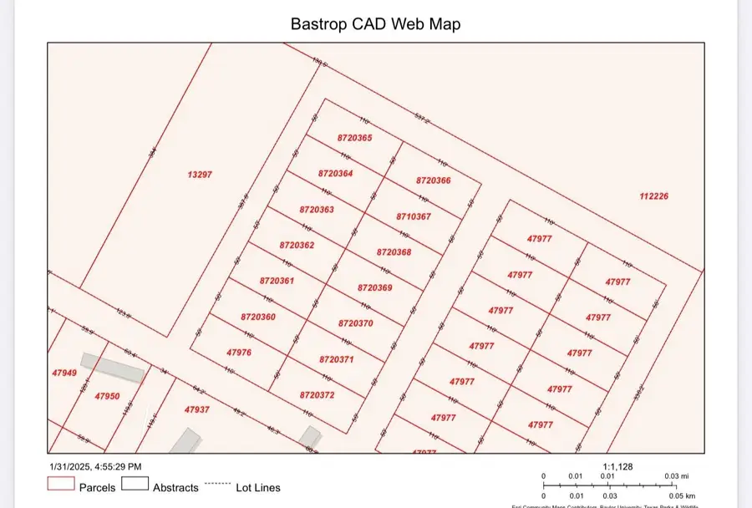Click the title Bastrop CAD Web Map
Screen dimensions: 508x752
(375, 24)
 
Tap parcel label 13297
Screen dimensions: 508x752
(200, 175)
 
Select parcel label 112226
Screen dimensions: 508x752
(654, 196)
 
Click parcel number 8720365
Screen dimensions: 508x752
(355, 138)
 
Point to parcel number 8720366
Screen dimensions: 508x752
(433, 180)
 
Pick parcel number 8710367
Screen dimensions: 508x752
(414, 216)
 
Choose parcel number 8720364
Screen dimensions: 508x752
(336, 173)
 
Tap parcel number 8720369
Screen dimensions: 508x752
(375, 287)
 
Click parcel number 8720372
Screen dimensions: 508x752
(317, 394)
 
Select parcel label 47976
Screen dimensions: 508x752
(239, 353)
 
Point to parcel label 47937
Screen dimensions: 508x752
(197, 409)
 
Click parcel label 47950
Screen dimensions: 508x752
(107, 396)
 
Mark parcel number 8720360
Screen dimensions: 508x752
(258, 317)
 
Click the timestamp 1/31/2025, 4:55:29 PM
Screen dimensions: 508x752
(94, 466)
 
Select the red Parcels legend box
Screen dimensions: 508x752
(60, 483)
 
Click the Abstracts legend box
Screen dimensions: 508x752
(135, 483)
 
